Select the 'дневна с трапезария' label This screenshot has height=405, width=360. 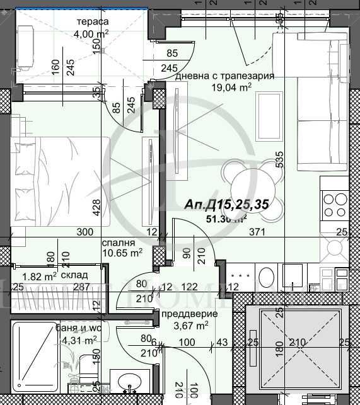coord(224,76)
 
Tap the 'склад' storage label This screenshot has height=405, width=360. coord(74,276)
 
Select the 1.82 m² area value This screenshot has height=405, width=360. coord(39,276)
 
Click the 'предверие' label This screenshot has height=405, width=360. coord(190,314)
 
